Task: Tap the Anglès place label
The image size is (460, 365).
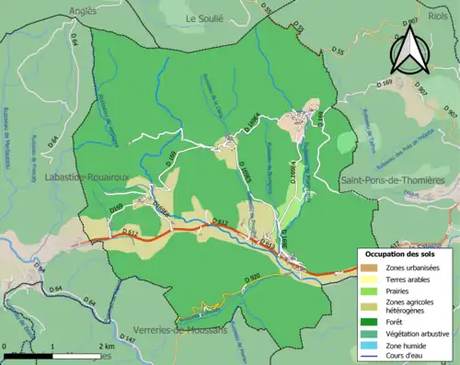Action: (80, 11)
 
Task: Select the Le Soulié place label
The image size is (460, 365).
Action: (204, 17)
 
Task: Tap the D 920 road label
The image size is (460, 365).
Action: (254, 302)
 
